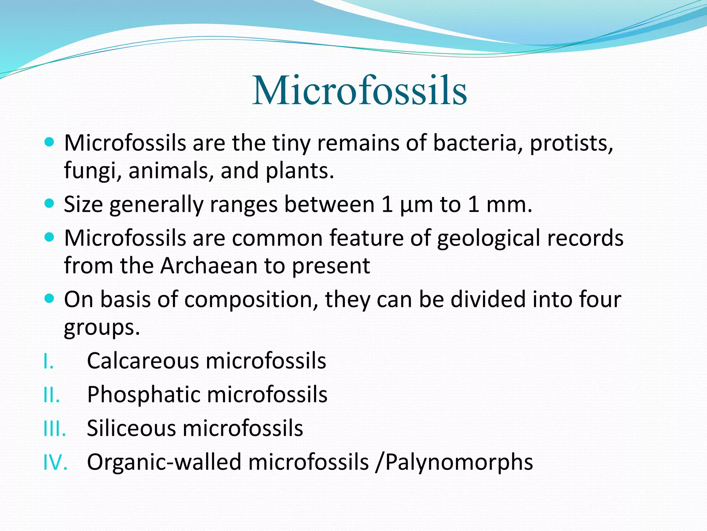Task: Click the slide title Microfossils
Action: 359,91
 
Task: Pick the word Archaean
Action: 209,265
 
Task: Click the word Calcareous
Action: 143,361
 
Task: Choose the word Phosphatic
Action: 144,394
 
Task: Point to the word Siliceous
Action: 131,428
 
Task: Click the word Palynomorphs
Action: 459,462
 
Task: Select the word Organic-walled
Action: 164,462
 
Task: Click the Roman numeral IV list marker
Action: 55,463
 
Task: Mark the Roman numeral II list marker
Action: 51,395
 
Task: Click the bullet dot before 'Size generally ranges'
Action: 50,202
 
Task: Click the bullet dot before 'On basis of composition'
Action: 50,298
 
